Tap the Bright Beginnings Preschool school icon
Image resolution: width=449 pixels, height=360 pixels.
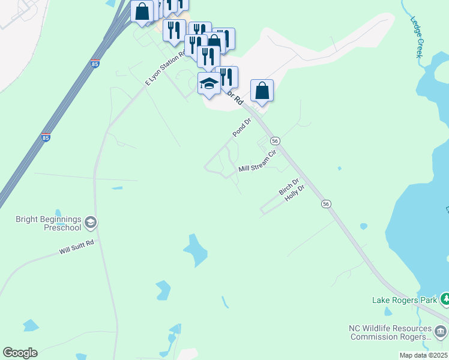91,223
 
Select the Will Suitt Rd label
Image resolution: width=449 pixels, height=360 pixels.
77,247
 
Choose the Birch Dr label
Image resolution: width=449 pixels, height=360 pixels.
288,187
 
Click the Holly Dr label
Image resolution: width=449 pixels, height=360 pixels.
295,193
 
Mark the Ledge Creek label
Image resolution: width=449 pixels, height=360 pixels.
417,37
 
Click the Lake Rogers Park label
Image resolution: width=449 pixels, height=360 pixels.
404,300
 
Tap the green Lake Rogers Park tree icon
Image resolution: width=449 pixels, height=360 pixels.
445,298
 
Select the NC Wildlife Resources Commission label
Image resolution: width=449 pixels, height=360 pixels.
390,332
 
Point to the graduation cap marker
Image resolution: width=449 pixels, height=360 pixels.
209,84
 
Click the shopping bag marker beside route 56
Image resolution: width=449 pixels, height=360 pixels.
262,91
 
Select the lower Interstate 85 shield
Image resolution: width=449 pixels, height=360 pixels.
46,137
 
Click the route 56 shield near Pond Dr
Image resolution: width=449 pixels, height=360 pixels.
275,140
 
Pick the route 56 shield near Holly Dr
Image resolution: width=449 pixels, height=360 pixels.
326,204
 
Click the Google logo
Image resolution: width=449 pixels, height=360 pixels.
20,353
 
